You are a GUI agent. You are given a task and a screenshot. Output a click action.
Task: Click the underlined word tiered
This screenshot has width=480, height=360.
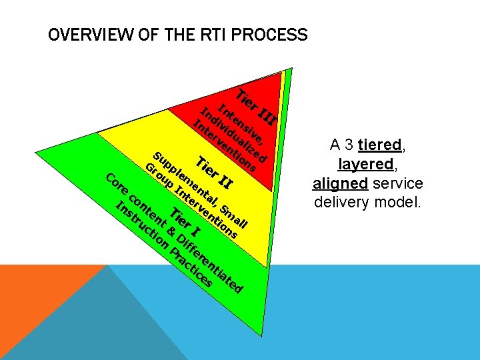pos(379,145)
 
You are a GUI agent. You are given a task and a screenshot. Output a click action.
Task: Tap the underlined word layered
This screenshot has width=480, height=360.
pos(367,164)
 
